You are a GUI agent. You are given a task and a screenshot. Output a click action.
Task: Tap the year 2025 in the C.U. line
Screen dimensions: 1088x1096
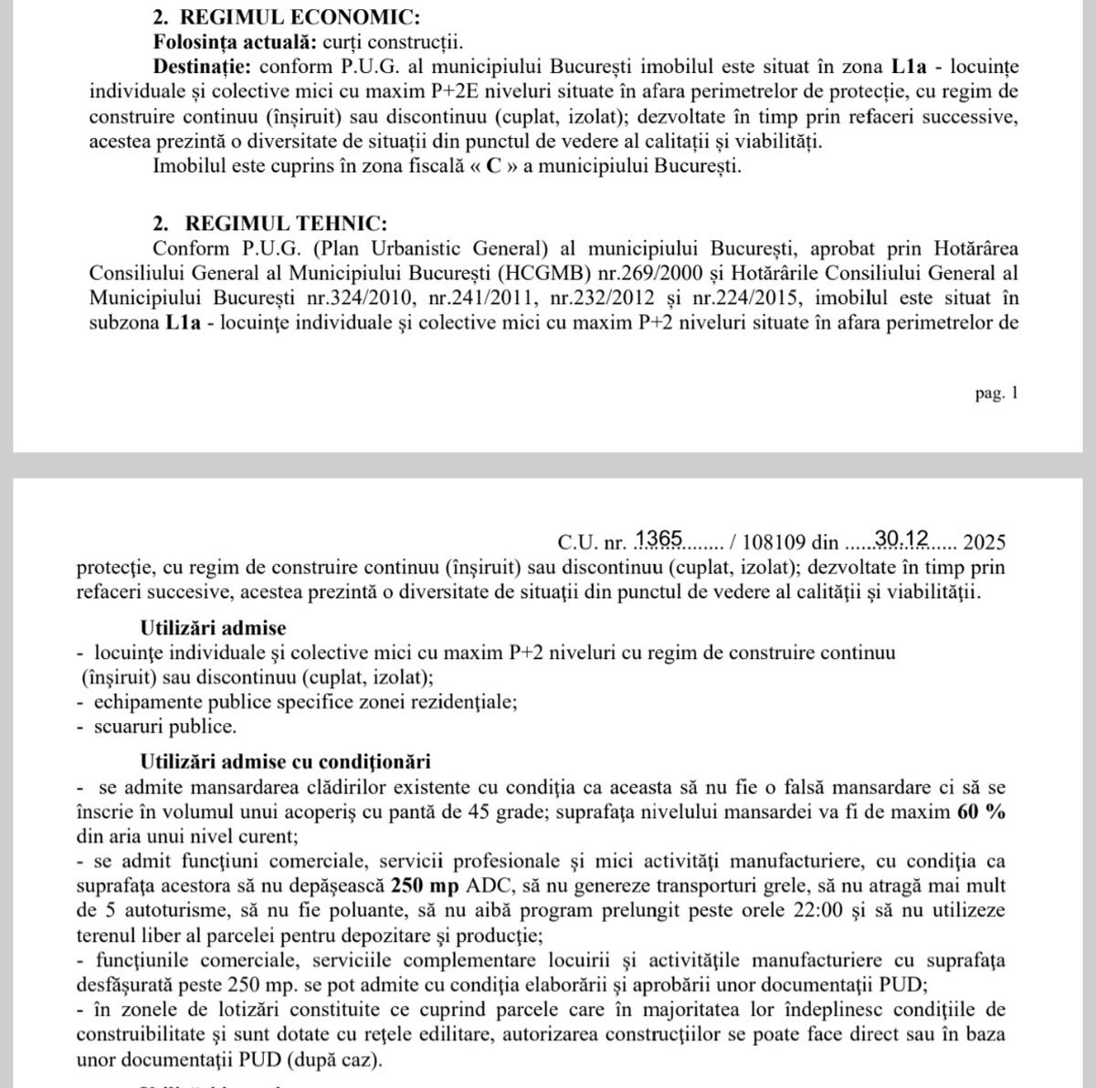pyautogui.click(x=984, y=543)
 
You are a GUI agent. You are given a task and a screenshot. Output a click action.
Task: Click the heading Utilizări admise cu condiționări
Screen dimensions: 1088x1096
pyautogui.click(x=285, y=761)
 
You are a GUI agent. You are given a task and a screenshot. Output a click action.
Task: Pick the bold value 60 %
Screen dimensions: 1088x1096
pyautogui.click(x=981, y=812)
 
